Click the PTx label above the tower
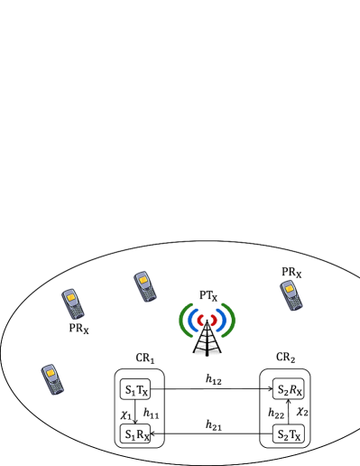coord(207,296)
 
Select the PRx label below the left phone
coord(78,330)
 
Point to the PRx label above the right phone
coord(291,272)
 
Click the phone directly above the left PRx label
coord(73,303)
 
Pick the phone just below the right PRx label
coord(291,295)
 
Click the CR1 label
coord(146,360)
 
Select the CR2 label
coord(285,360)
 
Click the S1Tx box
coord(135,389)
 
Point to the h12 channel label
coord(213,380)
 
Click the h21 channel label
coord(213,424)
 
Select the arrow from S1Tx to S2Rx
coord(211,390)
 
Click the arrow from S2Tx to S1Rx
coord(211,434)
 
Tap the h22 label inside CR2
coord(277,413)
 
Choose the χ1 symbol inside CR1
coord(126,411)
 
